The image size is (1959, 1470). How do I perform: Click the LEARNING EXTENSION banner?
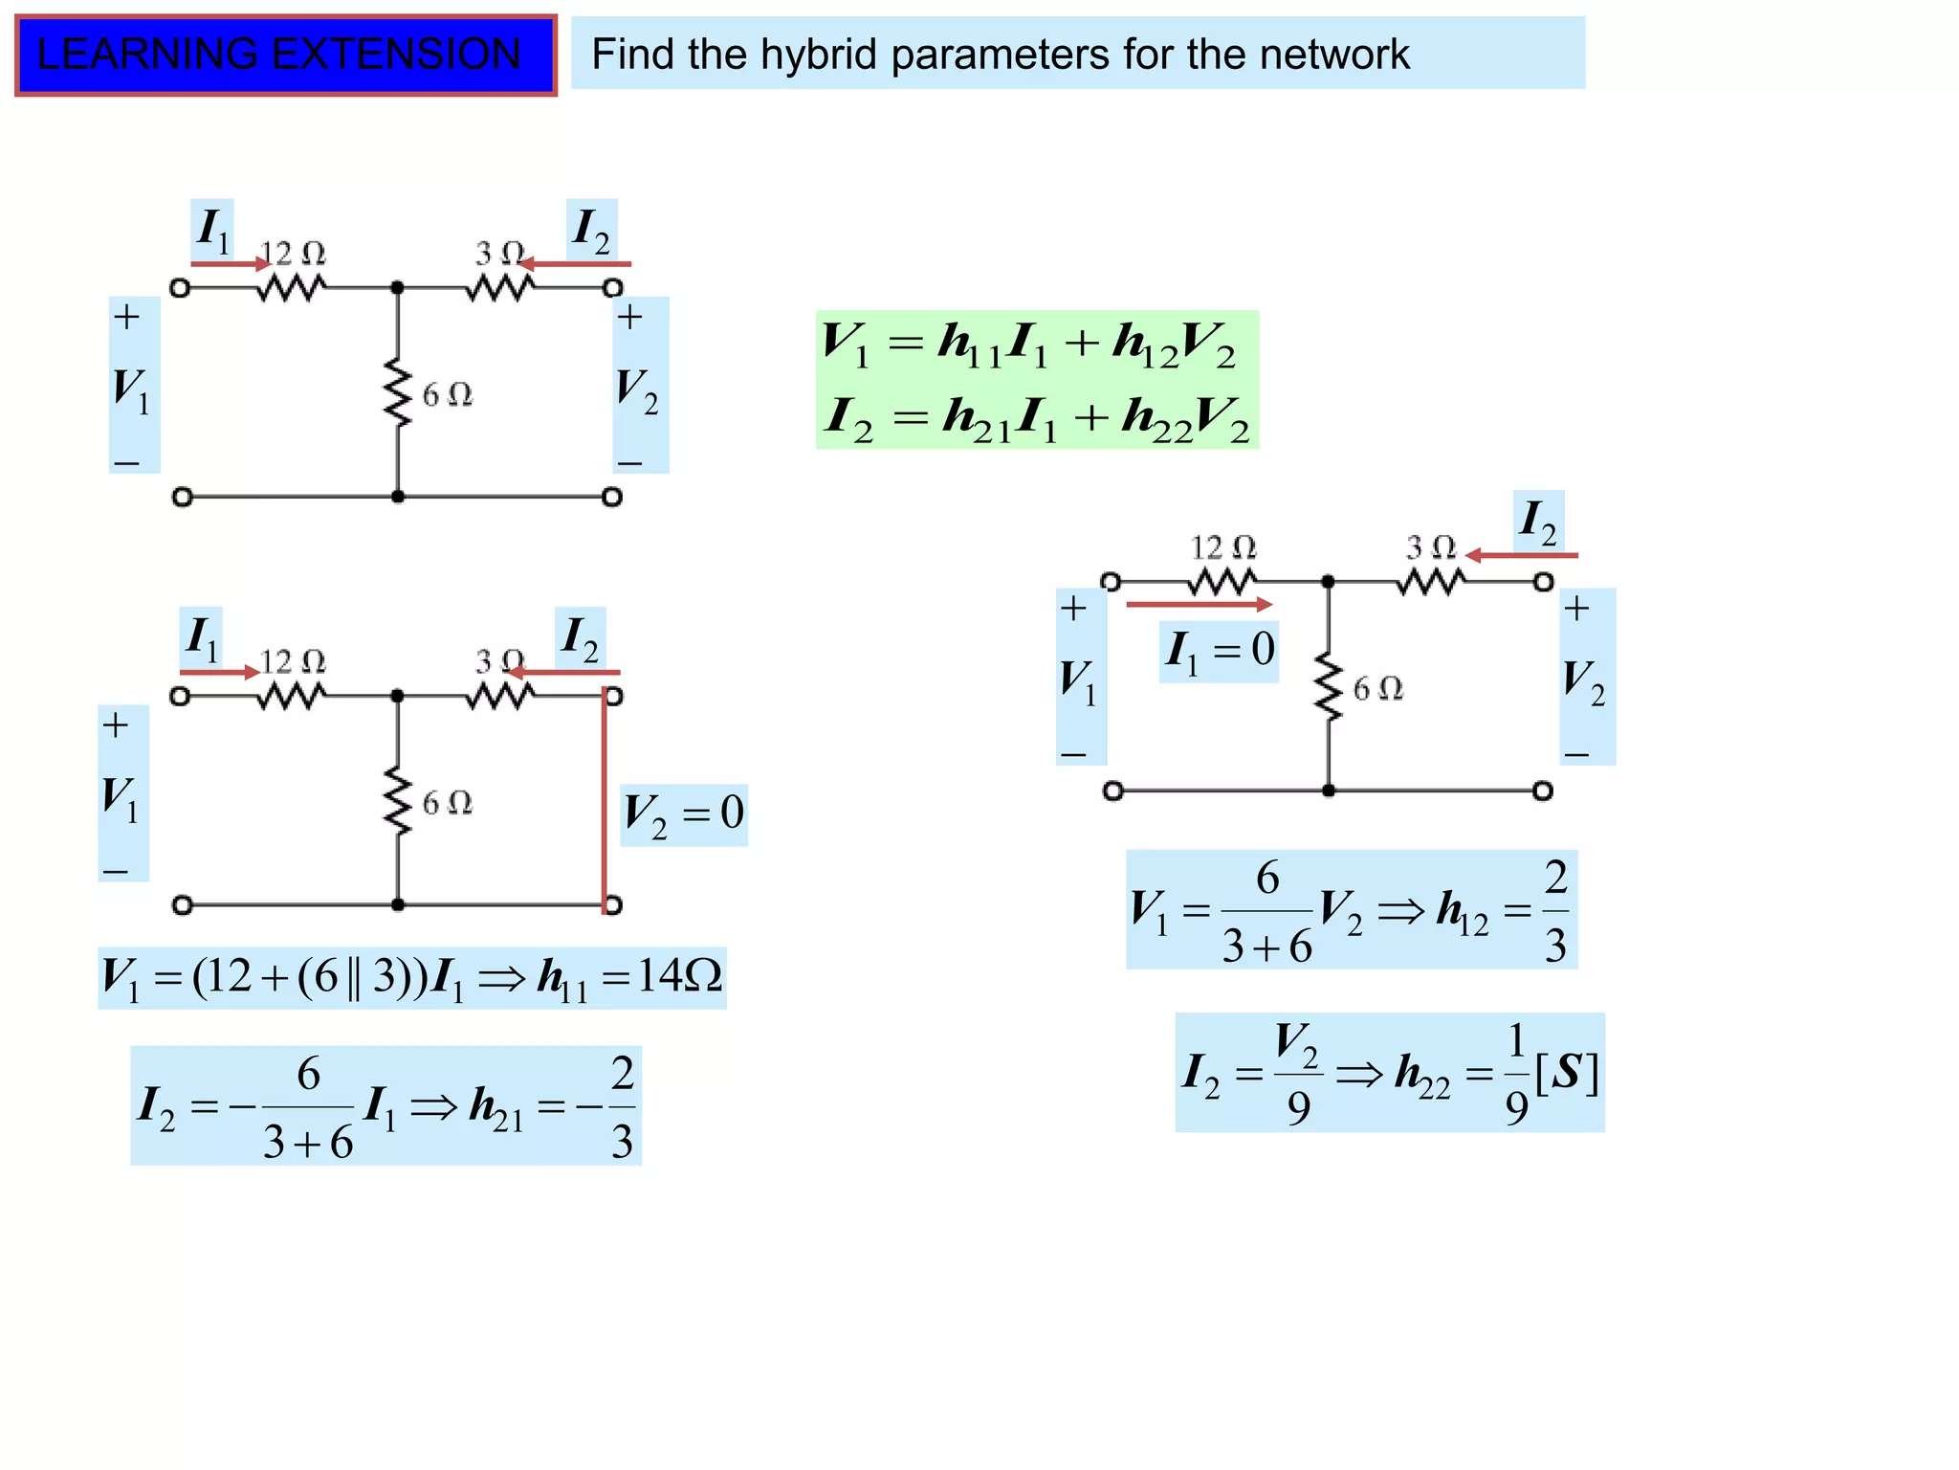(285, 55)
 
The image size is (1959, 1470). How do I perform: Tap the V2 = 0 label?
(683, 814)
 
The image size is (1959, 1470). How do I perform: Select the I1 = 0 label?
(1219, 651)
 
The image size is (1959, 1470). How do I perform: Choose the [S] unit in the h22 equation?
(1566, 1074)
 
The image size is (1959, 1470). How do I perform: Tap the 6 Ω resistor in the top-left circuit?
(398, 393)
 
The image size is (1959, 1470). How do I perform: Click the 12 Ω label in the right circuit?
(1222, 548)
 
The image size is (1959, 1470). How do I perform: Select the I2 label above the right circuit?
(1538, 522)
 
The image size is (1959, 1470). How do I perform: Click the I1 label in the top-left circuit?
(212, 230)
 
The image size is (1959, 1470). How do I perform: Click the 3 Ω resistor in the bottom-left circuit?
(499, 697)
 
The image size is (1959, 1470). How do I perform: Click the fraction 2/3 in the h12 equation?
(1555, 911)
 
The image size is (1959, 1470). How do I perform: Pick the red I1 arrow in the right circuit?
(1199, 605)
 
